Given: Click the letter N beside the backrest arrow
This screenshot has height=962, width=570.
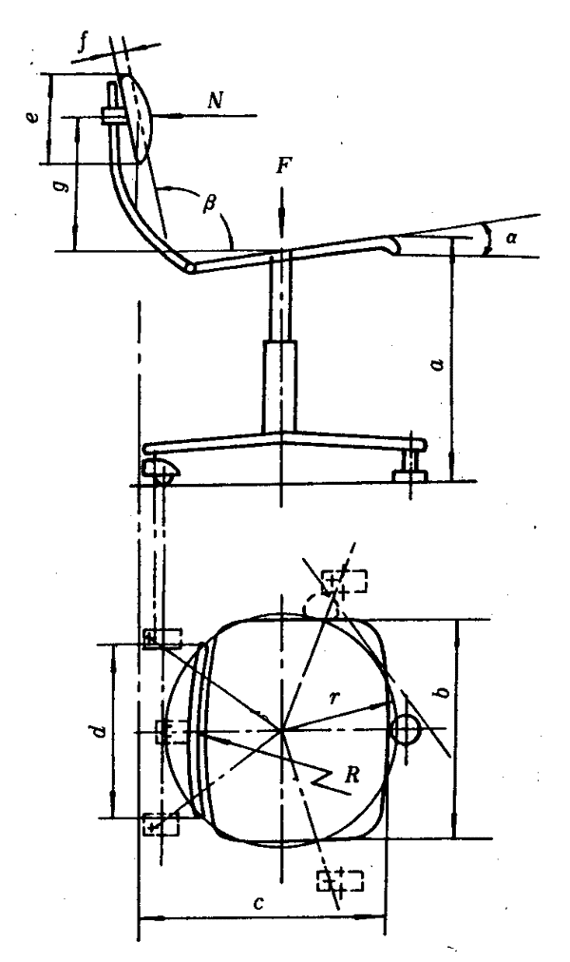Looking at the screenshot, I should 215,98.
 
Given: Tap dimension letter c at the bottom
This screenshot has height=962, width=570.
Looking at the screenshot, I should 257,902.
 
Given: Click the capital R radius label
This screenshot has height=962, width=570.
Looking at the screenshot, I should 352,774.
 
